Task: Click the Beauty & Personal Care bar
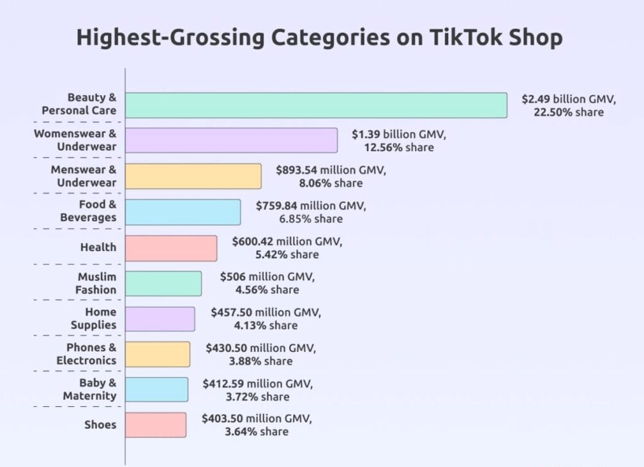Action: (316, 105)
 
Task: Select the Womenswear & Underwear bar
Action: (231, 141)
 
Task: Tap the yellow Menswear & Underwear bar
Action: (193, 176)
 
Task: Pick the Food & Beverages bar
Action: (183, 212)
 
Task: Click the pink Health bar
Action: (171, 248)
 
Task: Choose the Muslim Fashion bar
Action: (163, 284)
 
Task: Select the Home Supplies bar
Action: (160, 319)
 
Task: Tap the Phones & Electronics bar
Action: (158, 354)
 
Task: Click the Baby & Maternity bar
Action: (157, 390)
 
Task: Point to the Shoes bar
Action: (156, 425)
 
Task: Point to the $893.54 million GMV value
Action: (331, 171)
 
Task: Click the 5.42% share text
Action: (288, 254)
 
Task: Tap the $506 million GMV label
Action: (267, 277)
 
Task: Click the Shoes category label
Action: (100, 425)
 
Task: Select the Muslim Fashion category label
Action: (96, 284)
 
